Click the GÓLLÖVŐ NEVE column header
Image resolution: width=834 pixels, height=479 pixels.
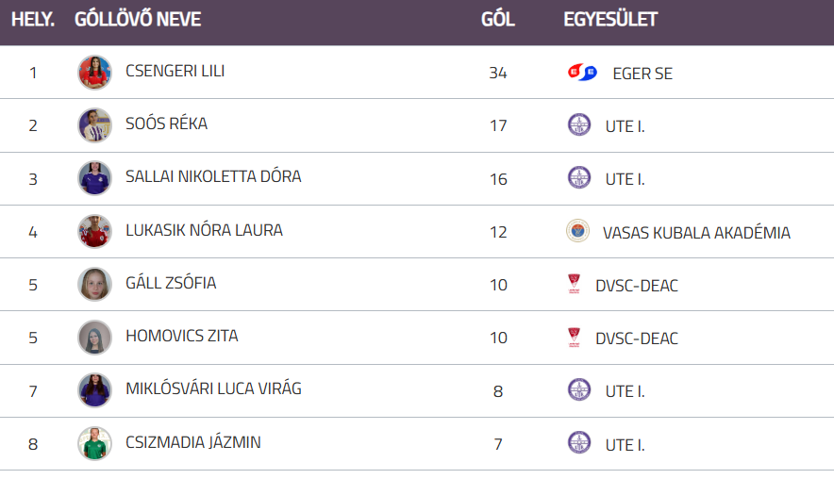point(138,20)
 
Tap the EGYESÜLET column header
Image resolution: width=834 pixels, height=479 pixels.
point(610,20)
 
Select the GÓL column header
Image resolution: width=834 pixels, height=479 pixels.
point(498,20)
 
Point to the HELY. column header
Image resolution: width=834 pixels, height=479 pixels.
point(33,20)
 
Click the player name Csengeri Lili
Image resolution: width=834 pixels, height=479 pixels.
point(175,72)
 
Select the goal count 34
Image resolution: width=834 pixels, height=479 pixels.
point(498,73)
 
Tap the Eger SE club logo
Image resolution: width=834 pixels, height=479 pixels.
point(582,73)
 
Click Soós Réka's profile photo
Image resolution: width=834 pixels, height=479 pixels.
point(94,125)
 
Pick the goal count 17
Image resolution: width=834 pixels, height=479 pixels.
point(498,125)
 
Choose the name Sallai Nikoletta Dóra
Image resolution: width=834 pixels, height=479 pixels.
point(213,177)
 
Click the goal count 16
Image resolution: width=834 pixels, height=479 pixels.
point(498,178)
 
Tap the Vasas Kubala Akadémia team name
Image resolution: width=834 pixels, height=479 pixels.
point(696,232)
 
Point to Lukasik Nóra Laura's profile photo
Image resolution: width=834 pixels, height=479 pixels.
point(94,231)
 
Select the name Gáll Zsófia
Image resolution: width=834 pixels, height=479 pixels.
point(171,283)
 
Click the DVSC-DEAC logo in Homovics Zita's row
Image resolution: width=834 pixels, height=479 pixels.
point(573,338)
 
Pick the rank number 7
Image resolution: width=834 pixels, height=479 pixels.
point(33,390)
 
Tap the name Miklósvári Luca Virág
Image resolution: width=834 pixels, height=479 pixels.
point(213,388)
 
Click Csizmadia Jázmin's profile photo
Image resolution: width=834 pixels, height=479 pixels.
point(94,443)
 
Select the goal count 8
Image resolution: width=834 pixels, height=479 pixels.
point(498,390)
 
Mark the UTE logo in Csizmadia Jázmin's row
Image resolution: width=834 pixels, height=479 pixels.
point(579,443)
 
